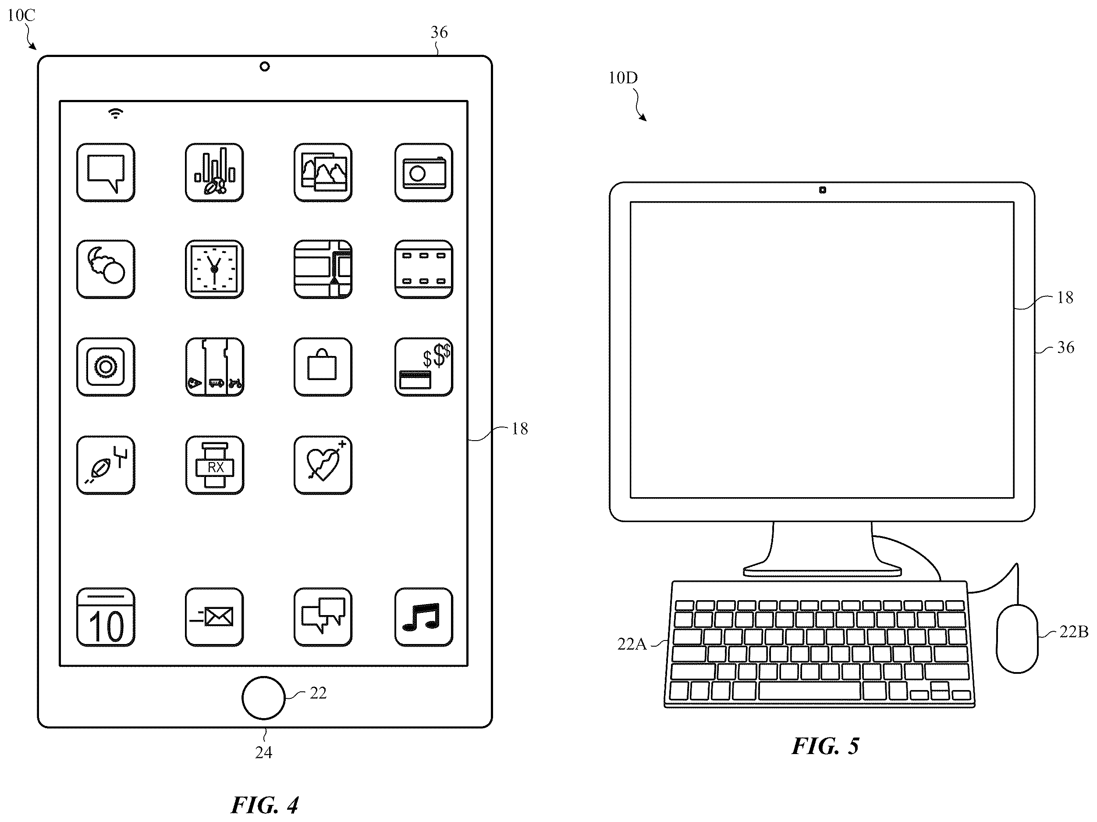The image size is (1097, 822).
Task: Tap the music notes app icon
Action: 423,617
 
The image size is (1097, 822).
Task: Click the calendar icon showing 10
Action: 106,617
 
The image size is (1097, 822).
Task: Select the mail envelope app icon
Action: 214,617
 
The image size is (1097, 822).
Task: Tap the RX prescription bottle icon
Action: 214,465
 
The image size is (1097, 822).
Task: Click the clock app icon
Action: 214,269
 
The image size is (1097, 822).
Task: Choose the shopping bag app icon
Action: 323,367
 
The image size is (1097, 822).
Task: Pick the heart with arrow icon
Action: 323,465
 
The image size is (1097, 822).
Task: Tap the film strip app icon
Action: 423,269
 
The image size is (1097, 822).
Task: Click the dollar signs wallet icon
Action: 423,367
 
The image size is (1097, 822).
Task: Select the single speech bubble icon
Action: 106,172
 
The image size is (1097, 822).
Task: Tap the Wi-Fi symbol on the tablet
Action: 116,114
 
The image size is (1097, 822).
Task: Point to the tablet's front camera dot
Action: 265,67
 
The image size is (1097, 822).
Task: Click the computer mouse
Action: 1017,638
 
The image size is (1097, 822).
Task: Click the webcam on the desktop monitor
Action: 822,190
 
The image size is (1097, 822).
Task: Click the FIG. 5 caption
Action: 825,746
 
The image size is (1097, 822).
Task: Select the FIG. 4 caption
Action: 265,804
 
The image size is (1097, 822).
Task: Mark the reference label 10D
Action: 623,78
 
